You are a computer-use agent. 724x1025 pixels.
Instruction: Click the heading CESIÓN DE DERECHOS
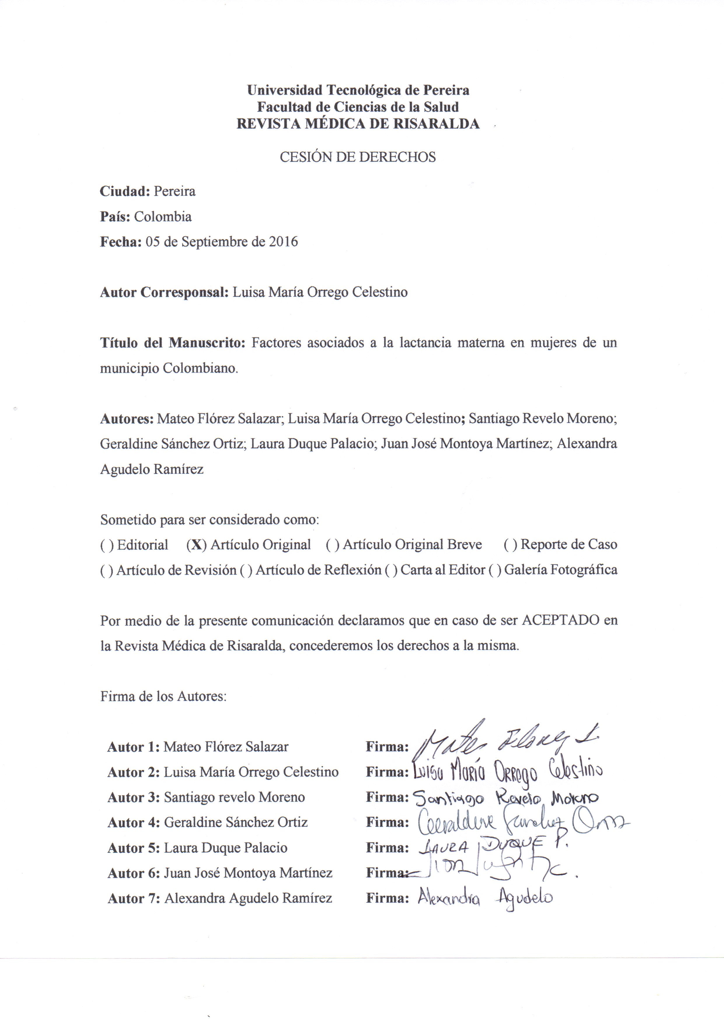point(357,157)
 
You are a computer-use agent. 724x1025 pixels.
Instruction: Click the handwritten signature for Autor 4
point(522,822)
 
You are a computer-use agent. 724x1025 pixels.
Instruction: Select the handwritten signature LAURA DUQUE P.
point(493,846)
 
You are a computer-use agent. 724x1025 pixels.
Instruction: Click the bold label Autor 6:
point(133,873)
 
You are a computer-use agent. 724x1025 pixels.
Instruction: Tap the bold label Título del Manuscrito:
point(173,343)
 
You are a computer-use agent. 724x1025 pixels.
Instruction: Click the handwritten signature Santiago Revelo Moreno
point(506,797)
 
